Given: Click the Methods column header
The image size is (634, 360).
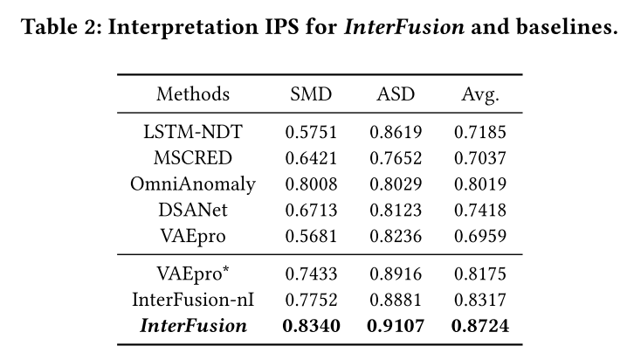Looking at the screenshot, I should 193,94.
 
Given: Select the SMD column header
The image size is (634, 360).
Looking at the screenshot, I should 311,94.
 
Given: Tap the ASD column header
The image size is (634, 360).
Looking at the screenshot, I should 395,94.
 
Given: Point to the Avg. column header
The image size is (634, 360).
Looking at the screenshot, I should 479,94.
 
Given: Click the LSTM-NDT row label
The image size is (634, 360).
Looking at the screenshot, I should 193,133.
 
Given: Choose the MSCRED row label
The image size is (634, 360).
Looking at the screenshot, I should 193,159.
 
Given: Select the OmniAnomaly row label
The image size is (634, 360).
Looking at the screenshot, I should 193,184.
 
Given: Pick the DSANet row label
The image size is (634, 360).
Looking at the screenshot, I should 193,210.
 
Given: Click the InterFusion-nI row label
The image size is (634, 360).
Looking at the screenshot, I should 193,300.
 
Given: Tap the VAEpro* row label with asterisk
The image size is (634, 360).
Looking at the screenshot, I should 193,273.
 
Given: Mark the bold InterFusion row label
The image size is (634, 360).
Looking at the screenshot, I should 193,326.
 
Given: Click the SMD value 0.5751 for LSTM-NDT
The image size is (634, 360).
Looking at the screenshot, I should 311,133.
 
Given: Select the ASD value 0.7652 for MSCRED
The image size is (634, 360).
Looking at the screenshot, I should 395,159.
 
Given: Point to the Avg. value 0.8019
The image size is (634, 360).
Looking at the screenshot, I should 479,184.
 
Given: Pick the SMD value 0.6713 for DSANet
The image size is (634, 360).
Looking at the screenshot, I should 311,210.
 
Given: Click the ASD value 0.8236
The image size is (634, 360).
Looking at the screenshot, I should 395,236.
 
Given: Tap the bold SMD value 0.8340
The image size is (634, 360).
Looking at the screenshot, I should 311,326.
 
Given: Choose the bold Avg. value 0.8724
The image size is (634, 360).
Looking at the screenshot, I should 479,326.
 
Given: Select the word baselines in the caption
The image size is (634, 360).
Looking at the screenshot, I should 562,27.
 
